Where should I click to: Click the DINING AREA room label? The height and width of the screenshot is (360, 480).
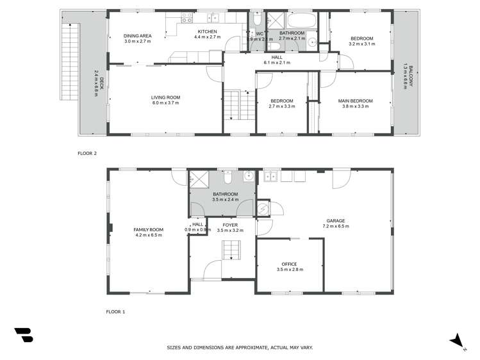click(137, 36)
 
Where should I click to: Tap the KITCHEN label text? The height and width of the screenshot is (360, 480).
click(207, 31)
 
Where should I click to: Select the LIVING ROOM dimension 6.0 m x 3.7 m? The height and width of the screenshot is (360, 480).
click(166, 103)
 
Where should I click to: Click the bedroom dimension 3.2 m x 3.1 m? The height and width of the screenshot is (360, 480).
click(360, 44)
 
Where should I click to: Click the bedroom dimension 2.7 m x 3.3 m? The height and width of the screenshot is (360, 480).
click(281, 106)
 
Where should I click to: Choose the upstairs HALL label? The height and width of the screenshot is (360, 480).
click(277, 57)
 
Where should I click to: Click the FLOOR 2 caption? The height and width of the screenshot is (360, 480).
click(87, 154)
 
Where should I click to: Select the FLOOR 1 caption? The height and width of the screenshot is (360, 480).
click(115, 311)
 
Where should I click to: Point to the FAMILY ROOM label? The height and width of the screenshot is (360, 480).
click(148, 229)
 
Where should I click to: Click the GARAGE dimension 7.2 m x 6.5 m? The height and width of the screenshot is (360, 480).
click(335, 226)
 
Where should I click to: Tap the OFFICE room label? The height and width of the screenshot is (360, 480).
click(290, 264)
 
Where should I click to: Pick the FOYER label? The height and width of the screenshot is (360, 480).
click(230, 225)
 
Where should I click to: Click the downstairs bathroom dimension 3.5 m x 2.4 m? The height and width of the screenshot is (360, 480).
click(226, 199)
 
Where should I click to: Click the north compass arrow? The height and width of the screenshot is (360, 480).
click(456, 340)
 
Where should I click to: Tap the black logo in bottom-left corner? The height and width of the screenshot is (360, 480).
click(24, 336)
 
